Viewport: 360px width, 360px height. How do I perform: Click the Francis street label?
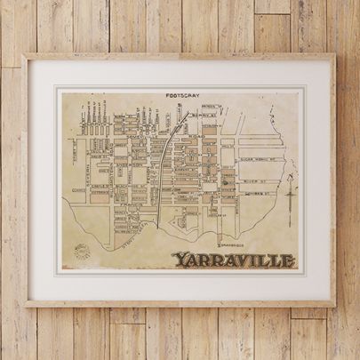click(x=133, y=205)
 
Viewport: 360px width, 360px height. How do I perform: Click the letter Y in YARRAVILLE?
click(x=177, y=260)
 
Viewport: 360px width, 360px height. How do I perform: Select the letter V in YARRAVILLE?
click(x=234, y=260)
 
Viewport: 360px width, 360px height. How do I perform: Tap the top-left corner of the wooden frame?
click(x=25, y=56)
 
